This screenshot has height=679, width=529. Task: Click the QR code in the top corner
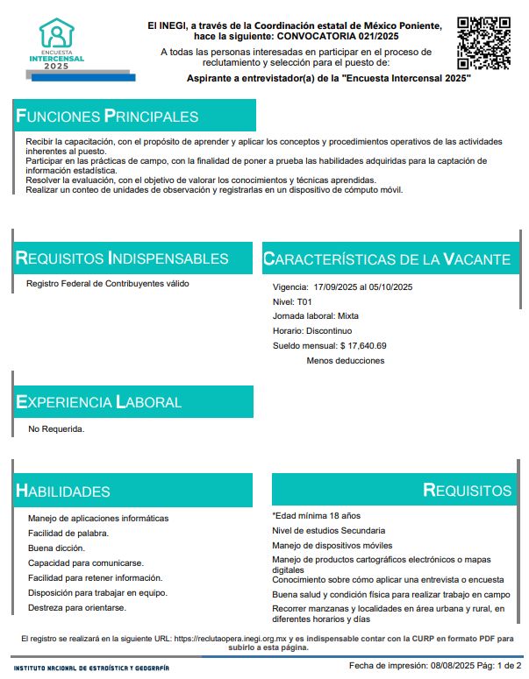tap(484, 43)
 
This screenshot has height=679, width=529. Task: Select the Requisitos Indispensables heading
tap(123, 258)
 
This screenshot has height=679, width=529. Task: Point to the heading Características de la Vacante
tap(387, 259)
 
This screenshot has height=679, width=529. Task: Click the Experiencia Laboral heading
tap(99, 402)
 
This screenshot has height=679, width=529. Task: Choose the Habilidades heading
tap(63, 492)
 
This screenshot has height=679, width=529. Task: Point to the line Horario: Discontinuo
tap(312, 330)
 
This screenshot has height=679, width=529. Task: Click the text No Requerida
tap(56, 429)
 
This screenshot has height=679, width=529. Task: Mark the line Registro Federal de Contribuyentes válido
tap(108, 283)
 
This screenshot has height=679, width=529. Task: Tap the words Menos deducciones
tap(345, 360)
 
